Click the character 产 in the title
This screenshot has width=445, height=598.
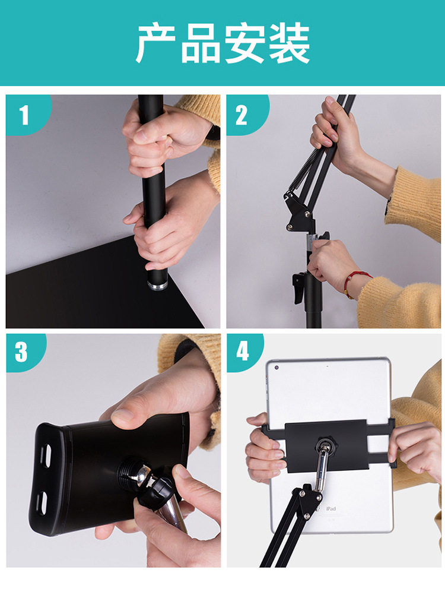[155, 43]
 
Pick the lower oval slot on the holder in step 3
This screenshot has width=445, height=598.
[42, 503]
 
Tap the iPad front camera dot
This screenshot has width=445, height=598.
[276, 368]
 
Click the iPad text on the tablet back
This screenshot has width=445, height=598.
[330, 508]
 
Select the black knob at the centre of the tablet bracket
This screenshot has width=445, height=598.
[325, 445]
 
